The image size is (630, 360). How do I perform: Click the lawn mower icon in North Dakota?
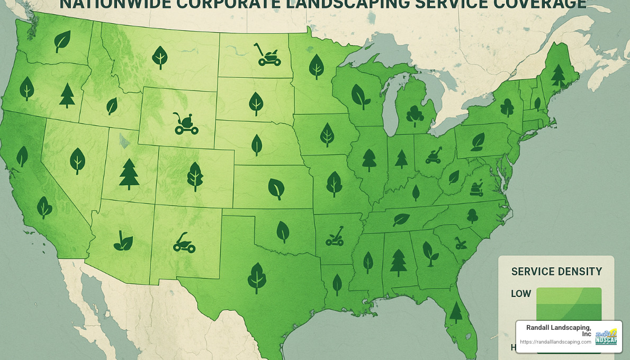(268, 55)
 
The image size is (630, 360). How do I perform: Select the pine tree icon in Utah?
(129, 174)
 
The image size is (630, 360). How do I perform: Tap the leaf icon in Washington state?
(62, 41)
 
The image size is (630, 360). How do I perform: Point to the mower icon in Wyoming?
(185, 123)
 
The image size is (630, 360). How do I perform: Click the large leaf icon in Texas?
(257, 277)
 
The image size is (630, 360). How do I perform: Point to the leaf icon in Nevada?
(78, 160)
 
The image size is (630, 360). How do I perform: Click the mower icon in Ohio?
(434, 155)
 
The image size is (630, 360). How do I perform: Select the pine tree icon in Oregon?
(67, 95)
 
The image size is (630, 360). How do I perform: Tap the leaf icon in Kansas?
(276, 188)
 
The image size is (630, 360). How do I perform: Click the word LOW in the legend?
(521, 293)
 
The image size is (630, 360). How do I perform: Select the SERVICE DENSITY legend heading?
(556, 272)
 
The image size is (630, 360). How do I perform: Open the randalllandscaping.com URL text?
(555, 342)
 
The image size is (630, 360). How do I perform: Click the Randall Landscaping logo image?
(606, 337)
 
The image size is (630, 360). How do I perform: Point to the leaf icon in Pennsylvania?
(478, 140)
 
